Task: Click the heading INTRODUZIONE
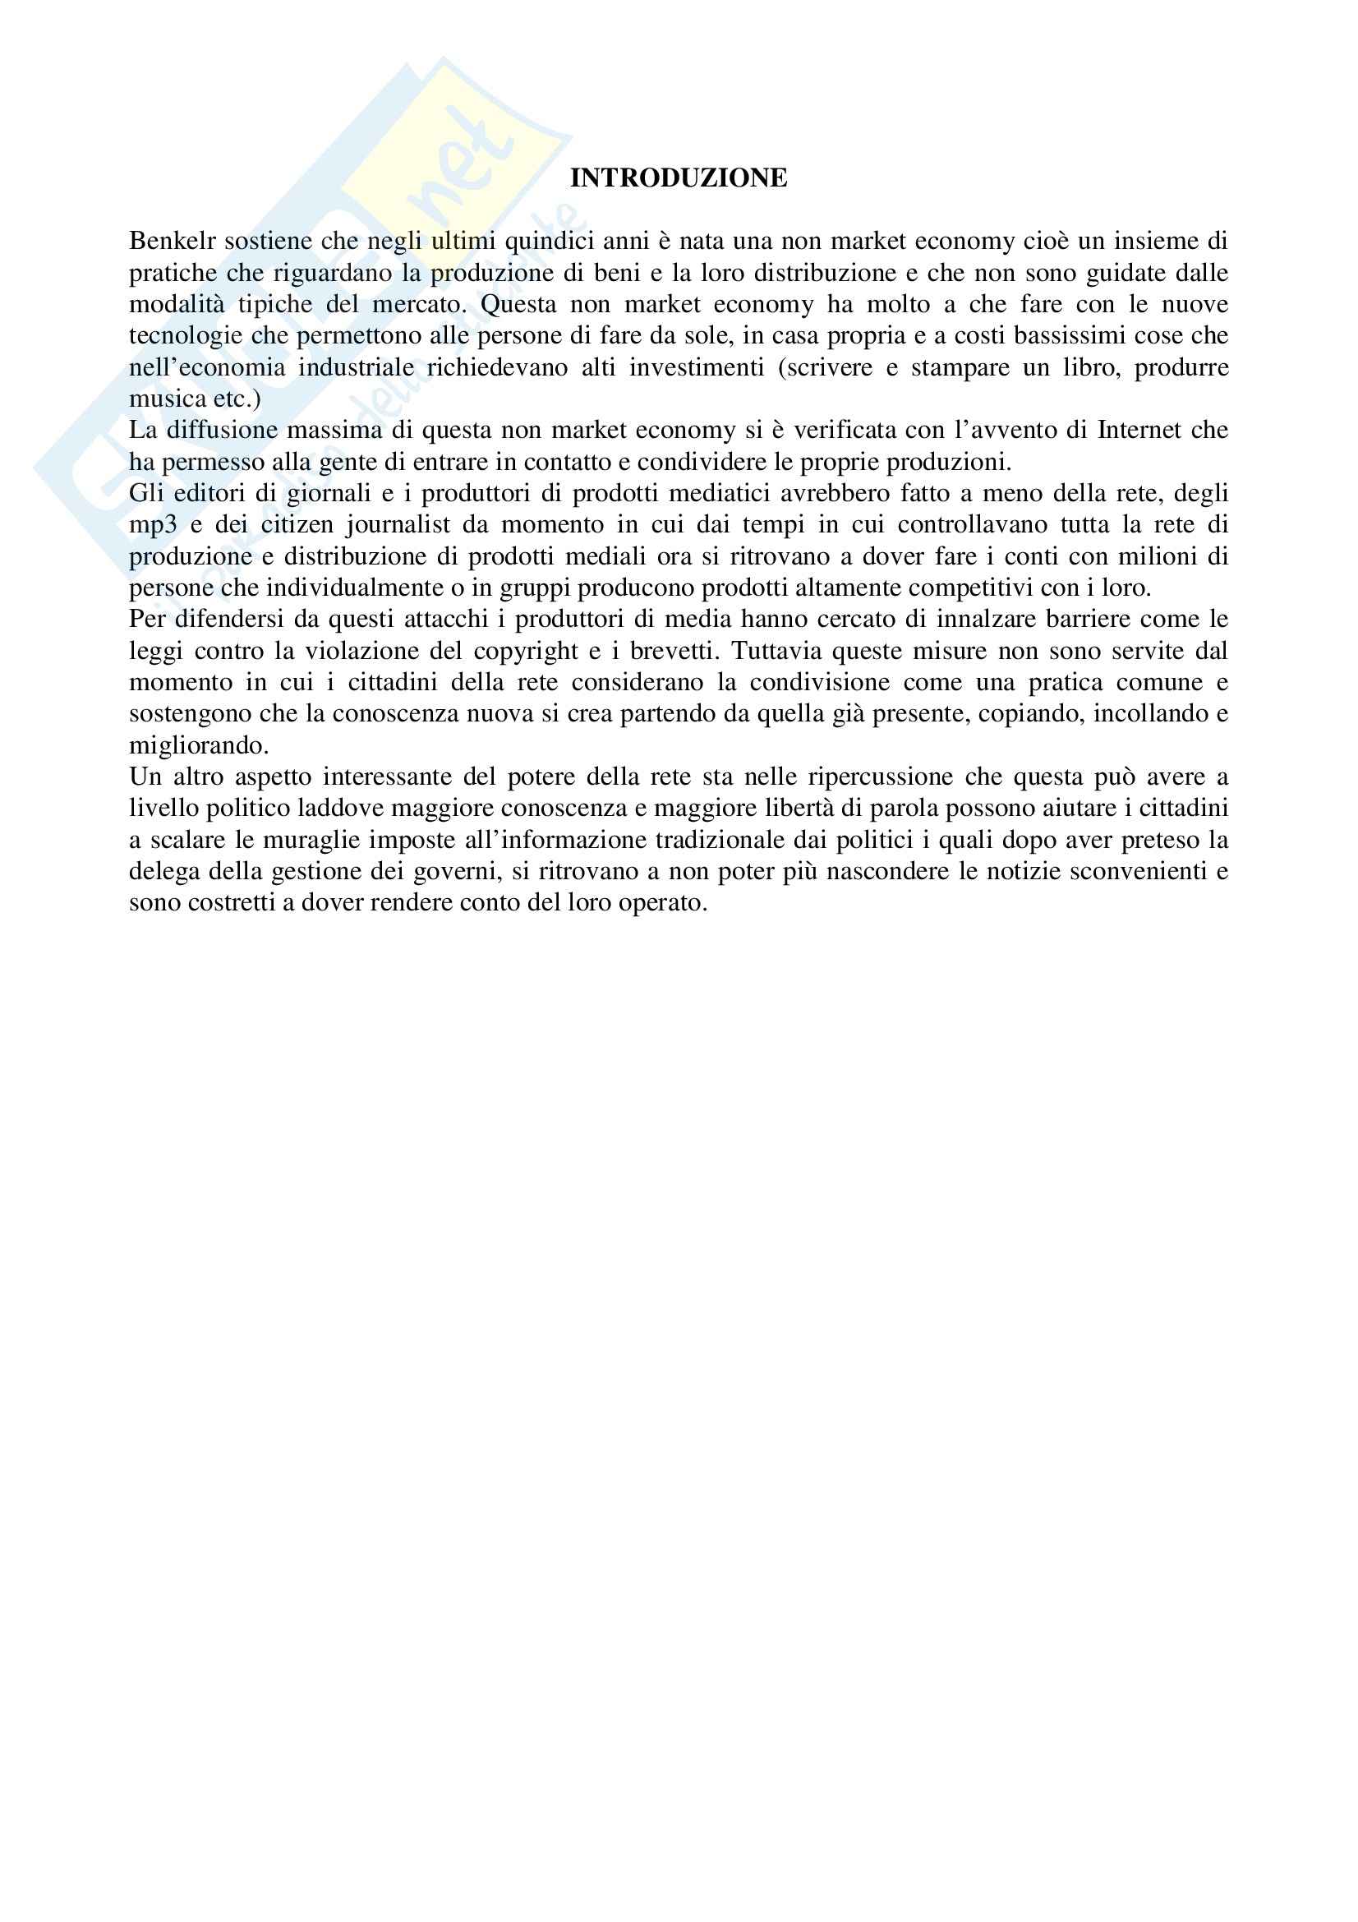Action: click(x=678, y=178)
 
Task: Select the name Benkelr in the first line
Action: click(x=173, y=241)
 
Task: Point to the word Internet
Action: click(x=1140, y=431)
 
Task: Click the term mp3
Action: click(x=153, y=526)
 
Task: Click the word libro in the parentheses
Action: click(x=1092, y=367)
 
